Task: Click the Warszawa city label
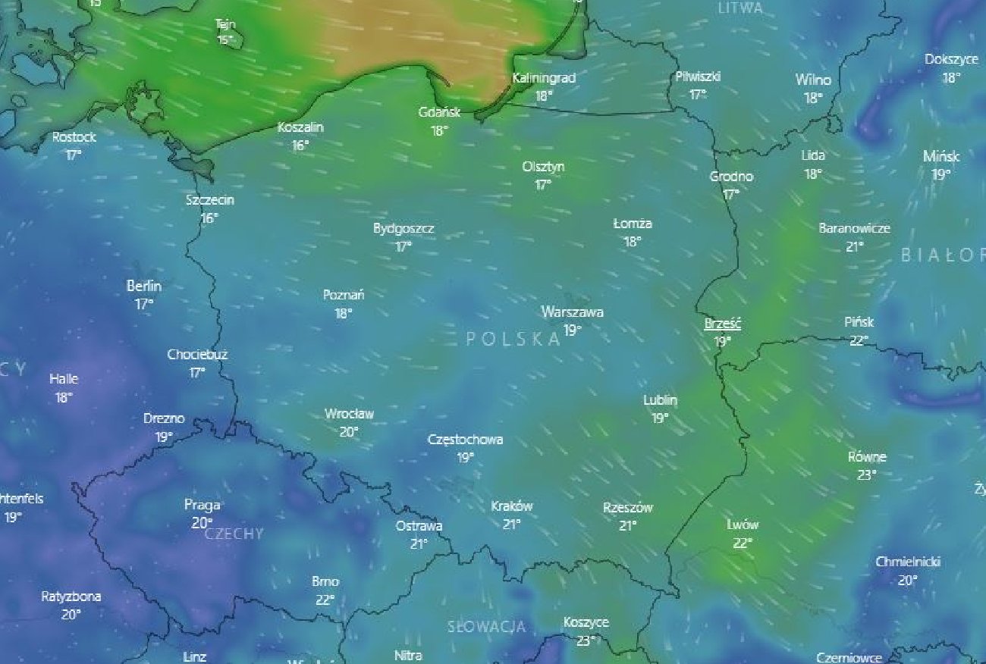572,312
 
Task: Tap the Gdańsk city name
439,112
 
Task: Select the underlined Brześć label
722,324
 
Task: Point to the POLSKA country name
513,340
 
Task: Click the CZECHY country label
234,534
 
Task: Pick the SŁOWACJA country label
486,627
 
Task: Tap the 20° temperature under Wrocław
349,432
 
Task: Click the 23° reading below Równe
867,475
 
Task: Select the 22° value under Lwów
743,543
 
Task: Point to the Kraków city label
512,506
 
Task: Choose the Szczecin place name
210,200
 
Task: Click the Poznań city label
344,295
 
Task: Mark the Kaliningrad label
544,78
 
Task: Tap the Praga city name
203,505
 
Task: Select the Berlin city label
144,287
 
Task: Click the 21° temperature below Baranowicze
855,246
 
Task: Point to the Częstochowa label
465,440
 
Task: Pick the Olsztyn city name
543,167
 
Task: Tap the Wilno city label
813,80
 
